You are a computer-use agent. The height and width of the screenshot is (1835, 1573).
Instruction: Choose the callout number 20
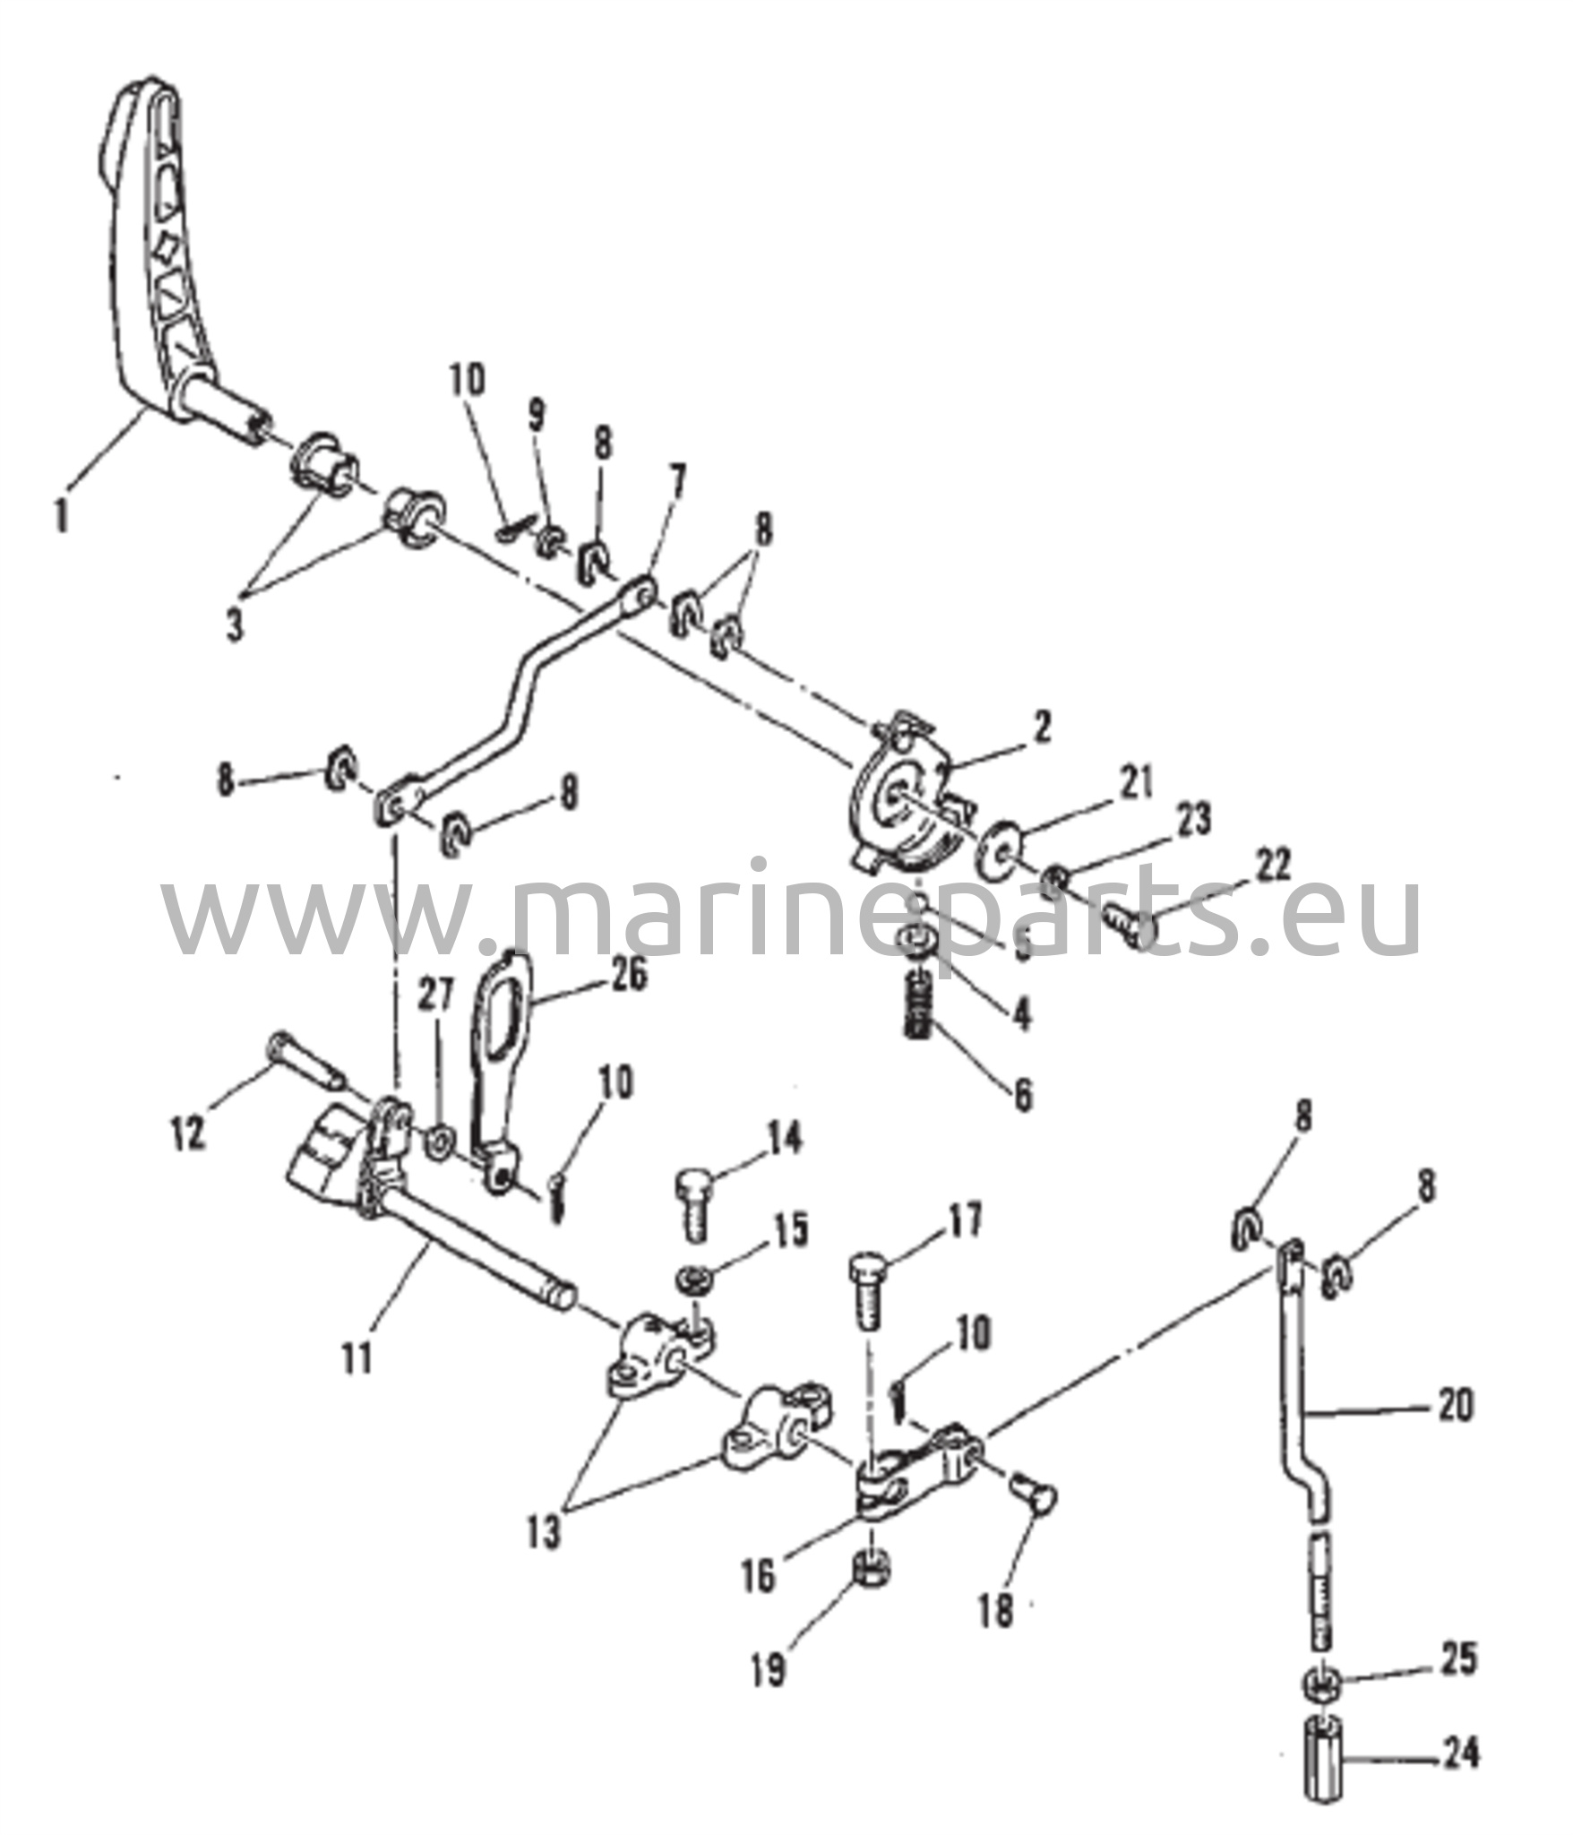1454,1431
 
